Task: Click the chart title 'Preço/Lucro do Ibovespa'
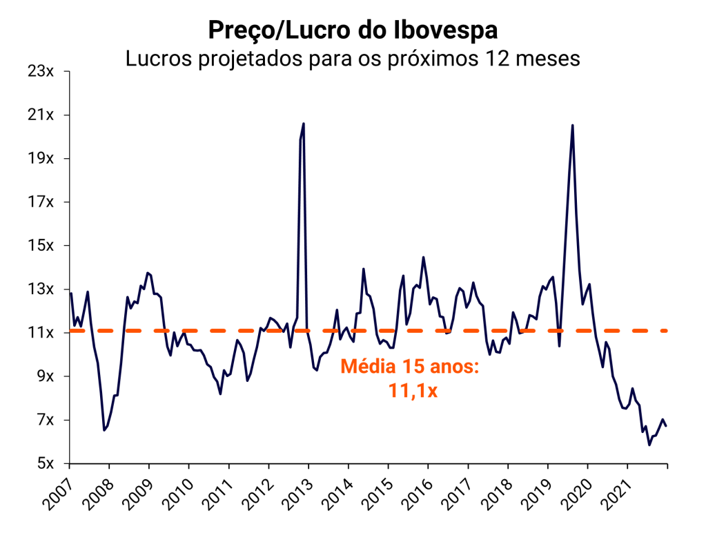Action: pyautogui.click(x=353, y=31)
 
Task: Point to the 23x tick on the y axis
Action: pyautogui.click(x=44, y=71)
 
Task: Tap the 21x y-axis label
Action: pyautogui.click(x=44, y=115)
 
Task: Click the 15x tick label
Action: pyautogui.click(x=44, y=245)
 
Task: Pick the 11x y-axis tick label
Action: pyautogui.click(x=44, y=332)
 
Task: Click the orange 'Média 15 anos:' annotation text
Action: pyautogui.click(x=410, y=367)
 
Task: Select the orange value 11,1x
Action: pyautogui.click(x=410, y=391)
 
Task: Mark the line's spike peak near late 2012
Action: pyautogui.click(x=304, y=124)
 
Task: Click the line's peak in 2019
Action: pyautogui.click(x=572, y=125)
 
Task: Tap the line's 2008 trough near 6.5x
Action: pyautogui.click(x=104, y=430)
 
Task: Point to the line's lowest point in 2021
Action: pyautogui.click(x=649, y=445)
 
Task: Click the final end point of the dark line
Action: pyautogui.click(x=667, y=426)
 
